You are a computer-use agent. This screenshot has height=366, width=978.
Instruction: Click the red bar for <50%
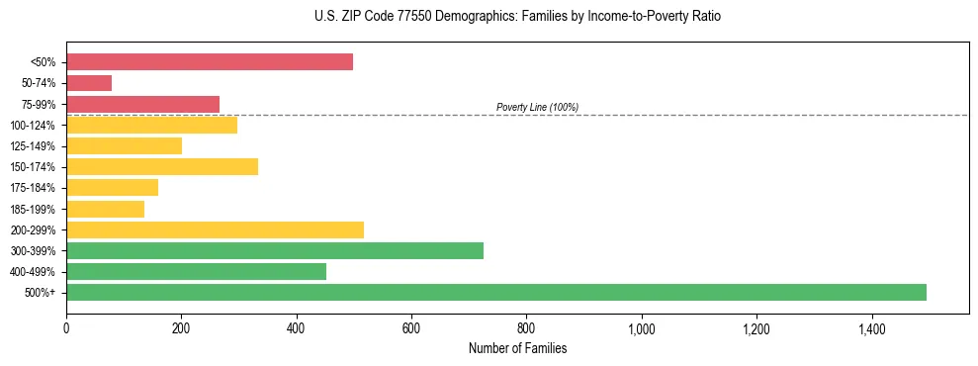210,62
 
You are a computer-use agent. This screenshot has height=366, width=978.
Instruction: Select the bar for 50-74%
89,83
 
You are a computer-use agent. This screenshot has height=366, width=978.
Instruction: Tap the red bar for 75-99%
142,104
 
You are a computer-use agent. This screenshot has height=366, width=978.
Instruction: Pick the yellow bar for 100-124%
151,125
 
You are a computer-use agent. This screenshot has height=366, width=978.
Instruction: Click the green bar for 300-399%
275,250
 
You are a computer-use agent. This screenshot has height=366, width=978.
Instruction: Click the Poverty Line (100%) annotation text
537,107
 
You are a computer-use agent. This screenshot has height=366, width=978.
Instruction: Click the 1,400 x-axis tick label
872,328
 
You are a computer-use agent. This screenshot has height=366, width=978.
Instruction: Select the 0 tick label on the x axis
66,328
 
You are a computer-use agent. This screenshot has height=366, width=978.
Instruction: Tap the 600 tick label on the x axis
411,328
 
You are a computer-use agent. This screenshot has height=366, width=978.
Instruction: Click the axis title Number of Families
517,348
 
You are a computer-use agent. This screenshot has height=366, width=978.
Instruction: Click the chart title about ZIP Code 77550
497,17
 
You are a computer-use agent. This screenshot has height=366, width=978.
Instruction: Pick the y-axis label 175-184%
34,188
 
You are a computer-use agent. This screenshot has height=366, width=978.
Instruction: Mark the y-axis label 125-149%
34,146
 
